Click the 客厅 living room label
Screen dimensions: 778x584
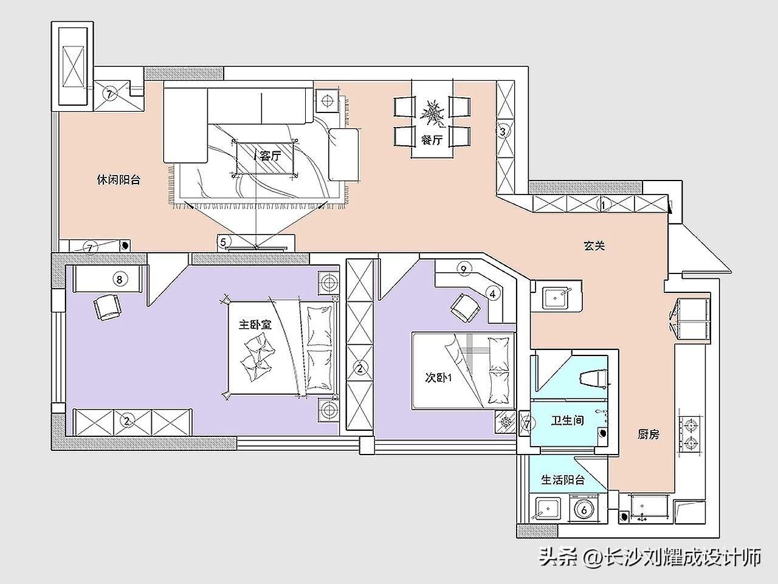(270, 156)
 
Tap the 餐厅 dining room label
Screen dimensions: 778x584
(432, 140)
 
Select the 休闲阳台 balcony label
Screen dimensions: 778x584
(119, 180)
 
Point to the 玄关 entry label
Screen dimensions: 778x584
(594, 246)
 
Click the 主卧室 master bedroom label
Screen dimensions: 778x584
(255, 325)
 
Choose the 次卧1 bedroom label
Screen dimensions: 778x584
(438, 378)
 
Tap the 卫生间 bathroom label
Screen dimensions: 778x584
(568, 421)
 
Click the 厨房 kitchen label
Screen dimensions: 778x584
(649, 434)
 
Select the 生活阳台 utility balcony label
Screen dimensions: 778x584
(563, 480)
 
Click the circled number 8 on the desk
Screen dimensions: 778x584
(120, 280)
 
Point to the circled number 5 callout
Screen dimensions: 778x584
(223, 242)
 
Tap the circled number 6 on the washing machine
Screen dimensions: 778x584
(583, 510)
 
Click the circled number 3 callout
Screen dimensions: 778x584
(502, 131)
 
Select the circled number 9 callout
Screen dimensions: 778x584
(463, 269)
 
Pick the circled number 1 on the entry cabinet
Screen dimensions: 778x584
(604, 204)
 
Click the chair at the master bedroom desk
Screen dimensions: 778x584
(108, 307)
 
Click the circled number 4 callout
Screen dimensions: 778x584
(492, 294)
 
